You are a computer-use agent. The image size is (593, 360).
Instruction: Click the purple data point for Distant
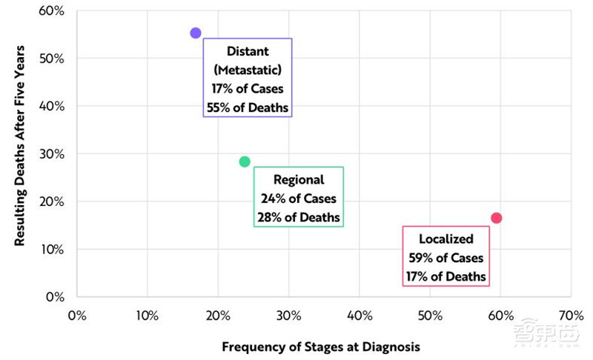click(196, 33)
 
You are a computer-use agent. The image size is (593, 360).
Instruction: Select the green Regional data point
click(245, 161)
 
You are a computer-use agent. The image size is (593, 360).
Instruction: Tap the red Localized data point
click(496, 218)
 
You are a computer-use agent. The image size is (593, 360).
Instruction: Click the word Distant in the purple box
click(248, 52)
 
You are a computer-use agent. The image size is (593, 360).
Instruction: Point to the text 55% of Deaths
click(248, 107)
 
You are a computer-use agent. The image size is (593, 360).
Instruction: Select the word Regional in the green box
click(299, 179)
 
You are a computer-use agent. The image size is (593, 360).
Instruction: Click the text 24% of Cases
click(299, 199)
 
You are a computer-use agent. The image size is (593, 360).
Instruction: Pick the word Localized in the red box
click(445, 239)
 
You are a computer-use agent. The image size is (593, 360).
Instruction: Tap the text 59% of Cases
click(445, 259)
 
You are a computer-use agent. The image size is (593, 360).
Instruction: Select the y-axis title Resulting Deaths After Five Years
click(21, 146)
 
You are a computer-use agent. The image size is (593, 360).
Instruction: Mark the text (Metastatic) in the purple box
click(248, 70)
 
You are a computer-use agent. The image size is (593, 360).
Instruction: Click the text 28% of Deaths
click(299, 217)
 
